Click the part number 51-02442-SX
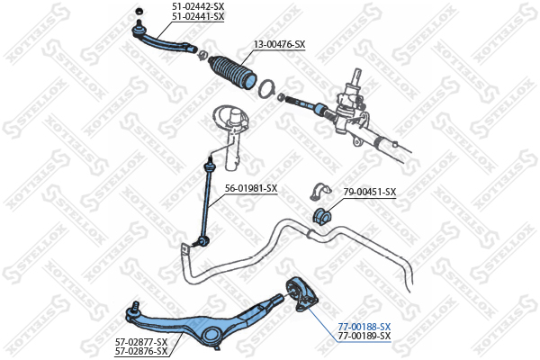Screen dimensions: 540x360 [198, 6]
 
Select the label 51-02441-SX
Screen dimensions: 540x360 [198, 16]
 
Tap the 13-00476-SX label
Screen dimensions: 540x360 [280, 44]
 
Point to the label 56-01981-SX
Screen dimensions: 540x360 [251, 188]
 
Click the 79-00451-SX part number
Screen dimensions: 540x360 [370, 192]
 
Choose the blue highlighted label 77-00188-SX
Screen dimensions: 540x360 [364, 326]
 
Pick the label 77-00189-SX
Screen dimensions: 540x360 [364, 336]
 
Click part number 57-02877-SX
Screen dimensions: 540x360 [141, 342]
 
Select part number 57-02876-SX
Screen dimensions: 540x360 [141, 351]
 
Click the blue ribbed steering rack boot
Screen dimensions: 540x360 [232, 73]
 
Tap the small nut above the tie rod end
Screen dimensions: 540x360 [139, 11]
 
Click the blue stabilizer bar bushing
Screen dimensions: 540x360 [321, 216]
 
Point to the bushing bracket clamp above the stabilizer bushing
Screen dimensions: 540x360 [319, 192]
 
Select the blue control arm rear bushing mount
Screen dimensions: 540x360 [301, 294]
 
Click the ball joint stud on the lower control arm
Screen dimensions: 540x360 [135, 308]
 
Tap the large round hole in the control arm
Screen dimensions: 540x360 [212, 335]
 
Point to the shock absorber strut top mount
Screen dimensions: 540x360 [230, 117]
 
